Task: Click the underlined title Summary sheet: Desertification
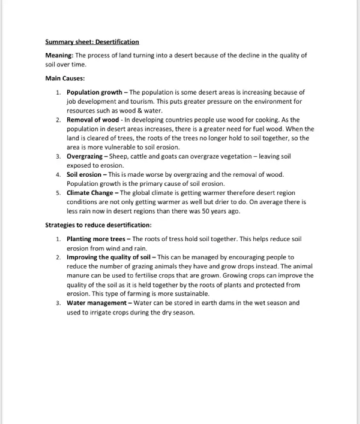click(92, 42)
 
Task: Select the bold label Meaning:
click(59, 55)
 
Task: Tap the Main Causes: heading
click(65, 78)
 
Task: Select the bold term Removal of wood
click(93, 120)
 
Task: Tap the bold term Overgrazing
click(84, 156)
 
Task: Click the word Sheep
click(119, 156)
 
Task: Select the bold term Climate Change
click(90, 193)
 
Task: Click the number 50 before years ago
click(205, 211)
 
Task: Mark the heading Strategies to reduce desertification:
click(98, 225)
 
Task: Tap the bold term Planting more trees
click(96, 239)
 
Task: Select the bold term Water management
click(96, 303)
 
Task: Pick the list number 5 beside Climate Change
click(58, 193)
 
